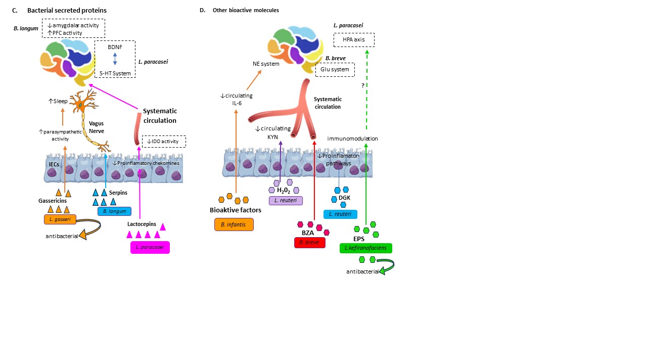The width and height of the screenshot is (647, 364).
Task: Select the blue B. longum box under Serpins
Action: coord(114,211)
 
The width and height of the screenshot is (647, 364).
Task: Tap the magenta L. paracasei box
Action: coord(150,247)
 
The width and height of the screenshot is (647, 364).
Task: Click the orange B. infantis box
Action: coord(234,224)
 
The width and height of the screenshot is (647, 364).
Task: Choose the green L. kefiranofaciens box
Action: coord(366,248)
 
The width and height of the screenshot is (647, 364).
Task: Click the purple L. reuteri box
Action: coord(286,201)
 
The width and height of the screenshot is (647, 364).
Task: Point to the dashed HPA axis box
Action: coord(354,40)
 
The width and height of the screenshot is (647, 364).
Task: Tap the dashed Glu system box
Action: coord(335,69)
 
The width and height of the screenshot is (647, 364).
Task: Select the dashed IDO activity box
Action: coord(164,142)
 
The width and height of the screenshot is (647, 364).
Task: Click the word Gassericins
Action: coord(53,200)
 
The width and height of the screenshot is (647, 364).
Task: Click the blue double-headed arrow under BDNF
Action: coord(115,59)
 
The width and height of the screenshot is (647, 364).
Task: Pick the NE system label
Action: coord(266,64)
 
